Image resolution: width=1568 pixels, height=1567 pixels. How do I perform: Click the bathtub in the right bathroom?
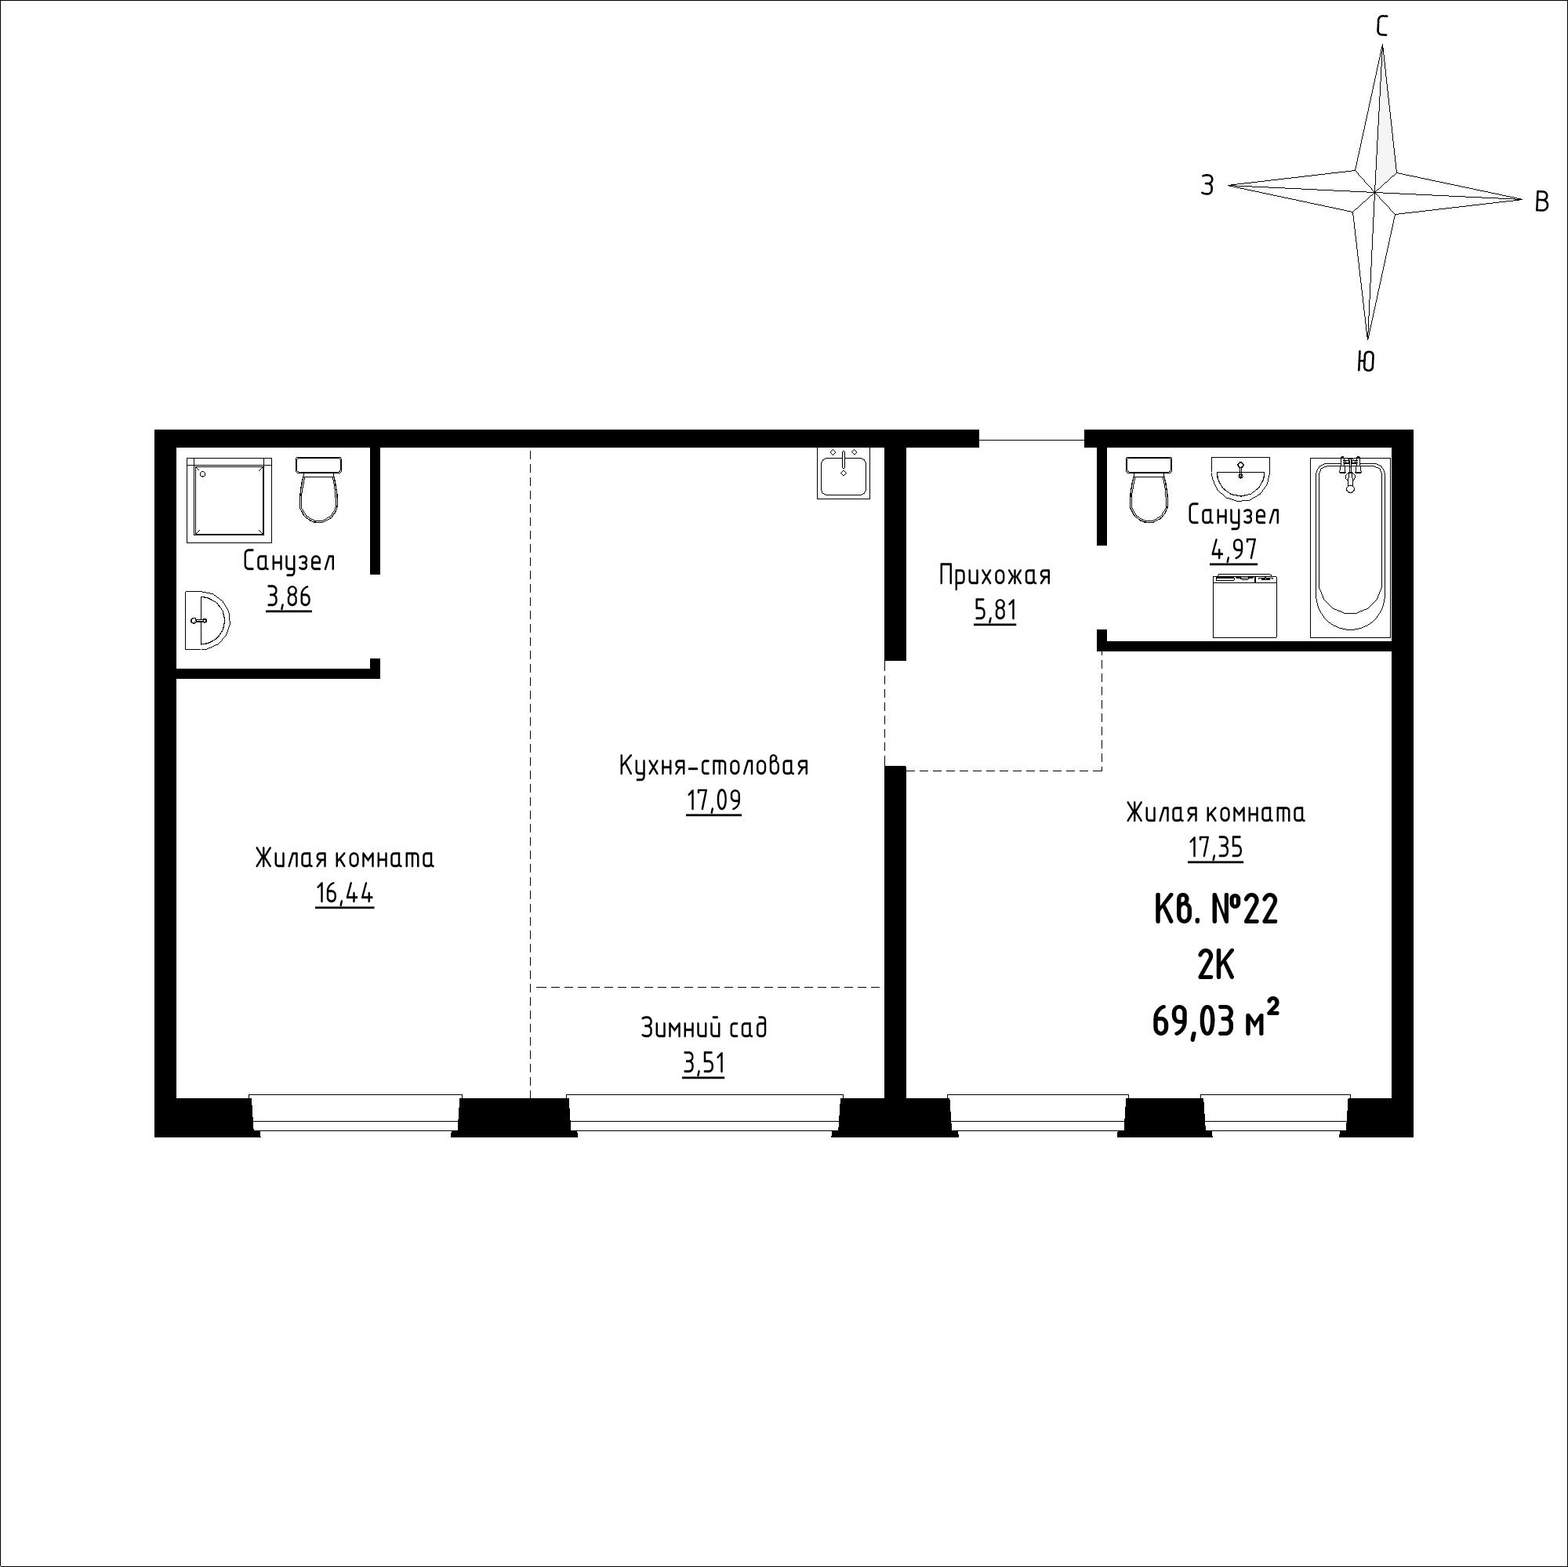pyautogui.click(x=1351, y=549)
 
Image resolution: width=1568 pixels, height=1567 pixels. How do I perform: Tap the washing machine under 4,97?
pyautogui.click(x=1245, y=606)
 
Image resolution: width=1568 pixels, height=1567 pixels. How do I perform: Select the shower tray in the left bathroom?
pyautogui.click(x=229, y=499)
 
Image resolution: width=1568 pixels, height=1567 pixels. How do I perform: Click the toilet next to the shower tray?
pyautogui.click(x=318, y=489)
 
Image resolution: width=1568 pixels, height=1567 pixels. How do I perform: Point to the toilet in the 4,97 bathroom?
pyautogui.click(x=1149, y=489)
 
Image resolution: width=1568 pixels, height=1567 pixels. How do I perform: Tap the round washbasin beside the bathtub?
pyautogui.click(x=1240, y=477)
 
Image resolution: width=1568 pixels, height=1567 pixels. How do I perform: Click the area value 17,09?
pyautogui.click(x=713, y=801)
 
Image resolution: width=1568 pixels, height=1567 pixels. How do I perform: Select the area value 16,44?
pyautogui.click(x=344, y=894)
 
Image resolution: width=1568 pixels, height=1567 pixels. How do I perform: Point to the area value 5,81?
pyautogui.click(x=995, y=610)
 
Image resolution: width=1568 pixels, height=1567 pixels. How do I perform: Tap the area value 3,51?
pyautogui.click(x=704, y=1064)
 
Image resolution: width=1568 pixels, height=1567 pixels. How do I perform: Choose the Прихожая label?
pyautogui.click(x=995, y=575)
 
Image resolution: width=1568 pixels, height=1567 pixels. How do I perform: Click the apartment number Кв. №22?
pyautogui.click(x=1216, y=909)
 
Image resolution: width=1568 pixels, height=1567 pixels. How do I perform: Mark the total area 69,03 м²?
pyautogui.click(x=1216, y=1020)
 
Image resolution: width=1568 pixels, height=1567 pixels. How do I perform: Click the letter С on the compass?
pyautogui.click(x=1381, y=27)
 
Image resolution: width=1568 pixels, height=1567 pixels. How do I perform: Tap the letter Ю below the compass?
pyautogui.click(x=1366, y=361)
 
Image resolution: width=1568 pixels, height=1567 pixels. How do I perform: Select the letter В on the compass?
pyautogui.click(x=1542, y=201)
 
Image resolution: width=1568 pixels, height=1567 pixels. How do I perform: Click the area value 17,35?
pyautogui.click(x=1216, y=848)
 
